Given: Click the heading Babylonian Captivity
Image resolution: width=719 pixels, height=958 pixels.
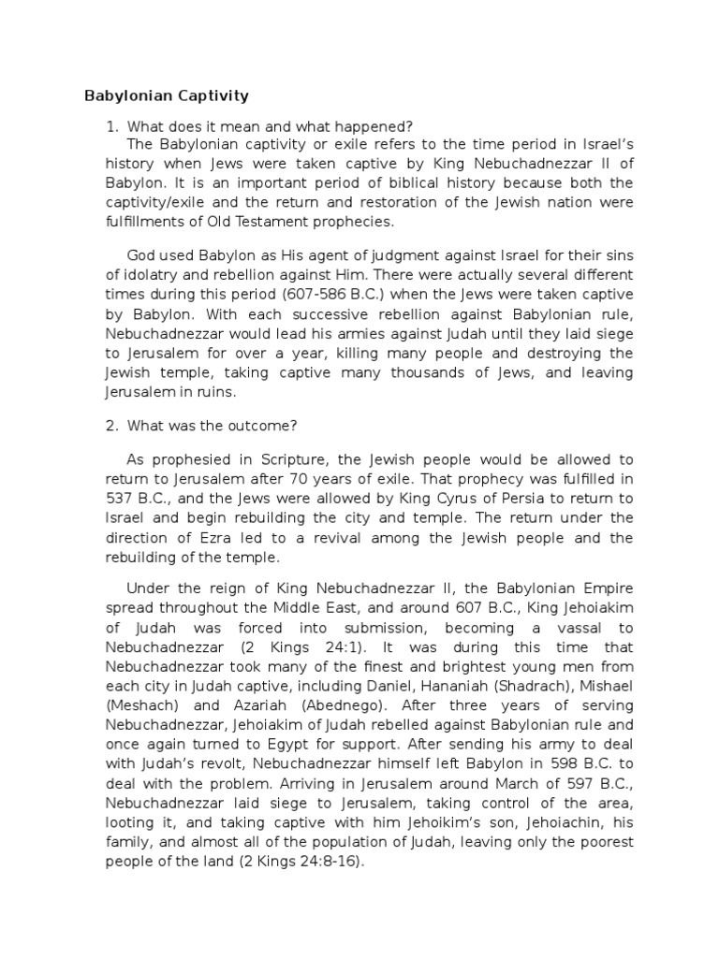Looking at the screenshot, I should click(167, 95).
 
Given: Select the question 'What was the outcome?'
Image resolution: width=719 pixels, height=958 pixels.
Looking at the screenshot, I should click(213, 425).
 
